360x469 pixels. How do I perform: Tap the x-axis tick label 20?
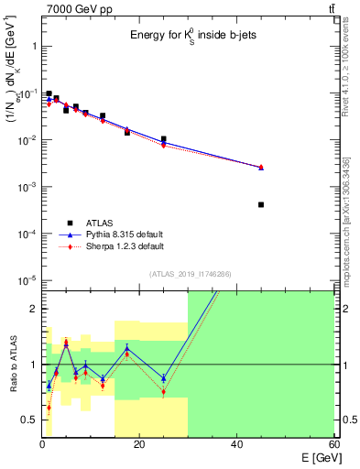(x=139, y=445)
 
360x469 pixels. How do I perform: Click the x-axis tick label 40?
(x=236, y=445)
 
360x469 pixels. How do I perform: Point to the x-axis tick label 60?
(x=333, y=445)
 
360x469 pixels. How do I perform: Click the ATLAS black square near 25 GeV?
(x=163, y=139)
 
